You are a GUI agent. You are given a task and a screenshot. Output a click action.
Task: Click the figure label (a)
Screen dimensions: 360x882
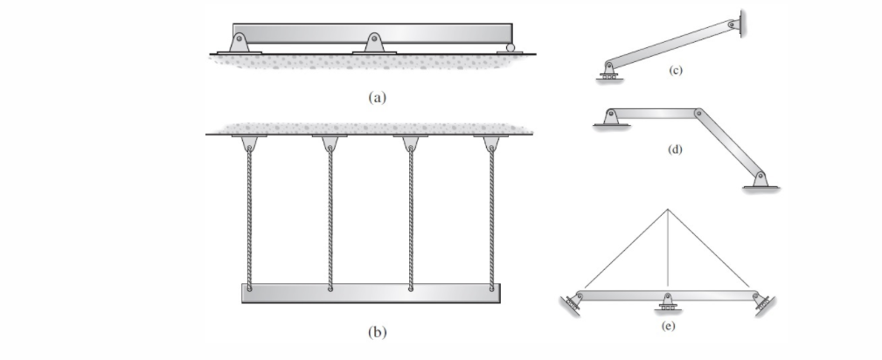coord(377,98)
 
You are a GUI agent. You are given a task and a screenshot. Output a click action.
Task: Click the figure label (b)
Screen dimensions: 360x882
coord(377,332)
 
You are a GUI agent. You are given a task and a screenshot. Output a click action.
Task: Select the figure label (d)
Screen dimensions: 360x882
coord(674,149)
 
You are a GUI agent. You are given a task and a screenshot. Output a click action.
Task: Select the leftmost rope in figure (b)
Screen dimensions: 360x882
coord(249,218)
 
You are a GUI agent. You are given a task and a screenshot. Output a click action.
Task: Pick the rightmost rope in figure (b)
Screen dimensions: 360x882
coord(491,218)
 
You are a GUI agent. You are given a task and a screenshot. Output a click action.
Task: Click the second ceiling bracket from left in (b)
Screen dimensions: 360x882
coord(330,142)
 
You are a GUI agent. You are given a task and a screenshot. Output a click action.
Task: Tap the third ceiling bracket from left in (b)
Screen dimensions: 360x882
coord(410,142)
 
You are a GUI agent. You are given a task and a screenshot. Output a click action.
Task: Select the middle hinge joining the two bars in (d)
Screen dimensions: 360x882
coord(698,113)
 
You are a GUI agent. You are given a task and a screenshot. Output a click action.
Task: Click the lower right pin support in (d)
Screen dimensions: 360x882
coord(760,179)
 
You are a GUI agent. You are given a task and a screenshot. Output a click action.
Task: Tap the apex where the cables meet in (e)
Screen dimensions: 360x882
coord(668,210)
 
